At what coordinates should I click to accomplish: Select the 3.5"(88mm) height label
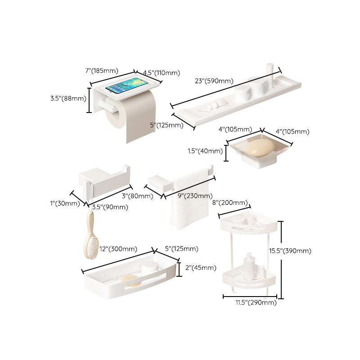click(68, 98)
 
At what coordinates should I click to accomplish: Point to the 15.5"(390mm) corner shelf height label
click(297, 251)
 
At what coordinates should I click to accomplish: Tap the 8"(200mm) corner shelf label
click(230, 203)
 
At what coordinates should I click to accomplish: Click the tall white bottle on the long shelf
click(270, 72)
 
